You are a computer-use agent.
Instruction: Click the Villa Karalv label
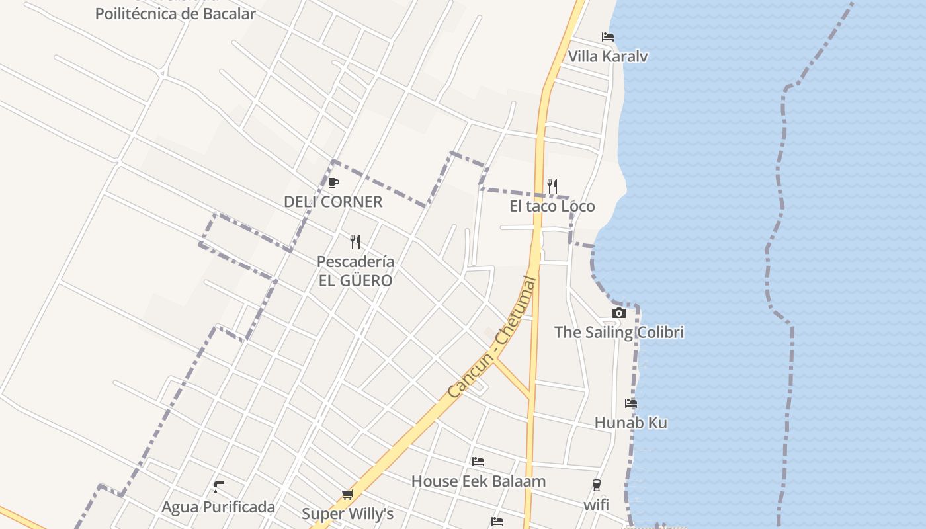coord(608,56)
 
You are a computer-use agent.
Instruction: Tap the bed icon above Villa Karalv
coord(607,37)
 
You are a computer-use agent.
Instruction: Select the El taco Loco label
coord(552,206)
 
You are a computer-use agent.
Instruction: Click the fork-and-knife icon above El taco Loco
coord(552,186)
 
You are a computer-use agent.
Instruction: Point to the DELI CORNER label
coord(333,202)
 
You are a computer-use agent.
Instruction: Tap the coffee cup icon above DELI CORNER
coord(333,183)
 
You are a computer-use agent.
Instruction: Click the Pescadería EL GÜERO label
coord(355,271)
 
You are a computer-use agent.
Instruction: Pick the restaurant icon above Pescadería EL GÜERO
coord(355,241)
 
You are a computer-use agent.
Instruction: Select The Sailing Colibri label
coord(618,332)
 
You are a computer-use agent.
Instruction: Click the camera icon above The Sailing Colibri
coord(618,313)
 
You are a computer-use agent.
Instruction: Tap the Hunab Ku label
coord(630,423)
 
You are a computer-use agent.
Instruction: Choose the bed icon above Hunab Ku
coord(630,403)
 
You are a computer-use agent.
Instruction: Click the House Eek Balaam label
coord(478,481)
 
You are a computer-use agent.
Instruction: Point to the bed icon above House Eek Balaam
coord(478,461)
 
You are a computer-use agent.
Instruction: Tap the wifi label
coord(596,506)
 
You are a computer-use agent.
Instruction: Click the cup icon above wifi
coord(596,486)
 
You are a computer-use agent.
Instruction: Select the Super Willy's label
coord(347,514)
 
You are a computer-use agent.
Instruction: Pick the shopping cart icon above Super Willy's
coord(347,494)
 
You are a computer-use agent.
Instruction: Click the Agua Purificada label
coord(218,507)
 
